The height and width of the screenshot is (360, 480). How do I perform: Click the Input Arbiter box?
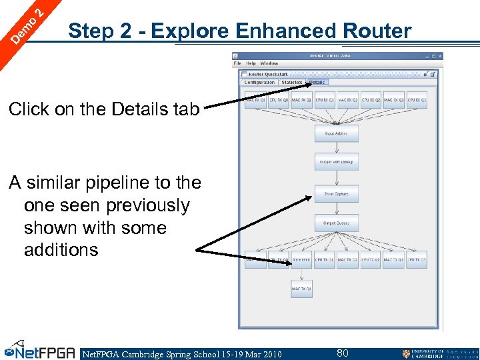coord(336,133)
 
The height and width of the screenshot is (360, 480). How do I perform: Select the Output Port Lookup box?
coord(336,162)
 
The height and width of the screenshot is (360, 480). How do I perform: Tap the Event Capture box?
coord(336,194)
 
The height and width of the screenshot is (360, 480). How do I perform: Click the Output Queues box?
coord(336,223)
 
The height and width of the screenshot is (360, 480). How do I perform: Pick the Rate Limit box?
coord(301,260)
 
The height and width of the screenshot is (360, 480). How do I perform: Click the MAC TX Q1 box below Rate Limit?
coord(301,289)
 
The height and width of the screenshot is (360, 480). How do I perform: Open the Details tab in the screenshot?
coord(317,83)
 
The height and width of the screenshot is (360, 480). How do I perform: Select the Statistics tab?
coord(291,83)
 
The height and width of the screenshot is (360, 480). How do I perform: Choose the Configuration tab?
coord(259,83)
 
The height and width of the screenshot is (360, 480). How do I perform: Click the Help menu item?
coord(251,64)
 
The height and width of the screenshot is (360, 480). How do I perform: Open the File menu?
coord(237,64)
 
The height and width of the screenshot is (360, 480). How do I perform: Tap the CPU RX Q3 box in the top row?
coord(417,101)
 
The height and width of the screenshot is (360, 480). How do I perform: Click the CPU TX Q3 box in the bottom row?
coord(417,260)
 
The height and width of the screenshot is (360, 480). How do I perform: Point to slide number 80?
coord(343,353)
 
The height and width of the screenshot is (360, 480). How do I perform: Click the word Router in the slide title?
coord(377,31)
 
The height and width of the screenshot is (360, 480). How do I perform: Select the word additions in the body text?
coord(61,250)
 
